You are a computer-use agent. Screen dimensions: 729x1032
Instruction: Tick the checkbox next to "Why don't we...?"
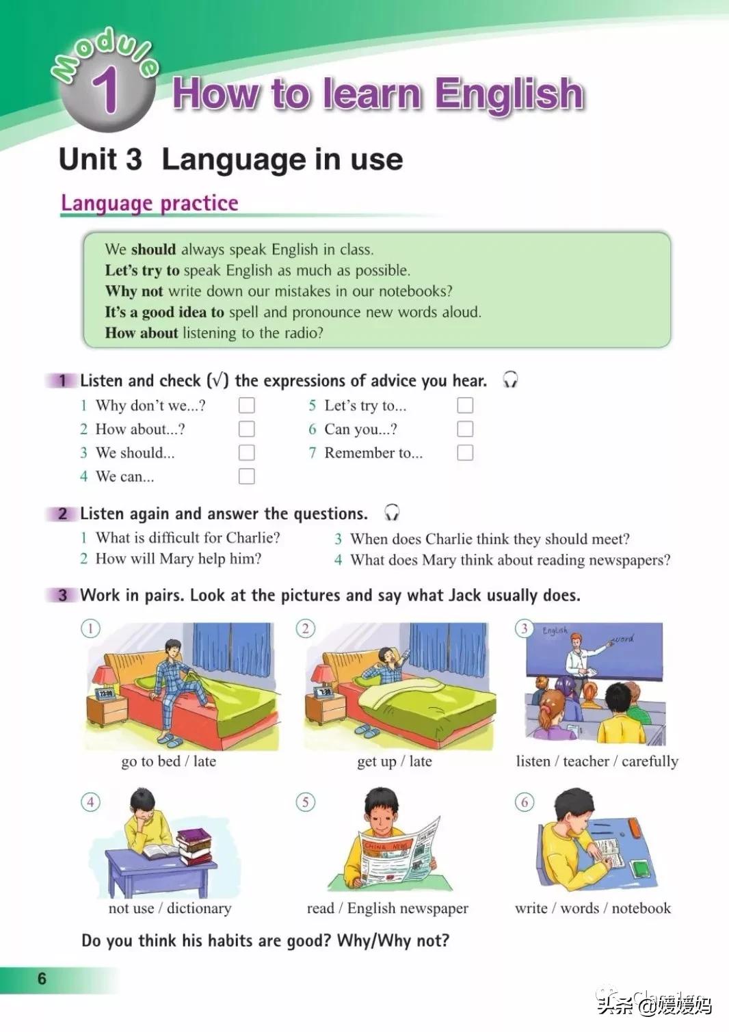(x=246, y=406)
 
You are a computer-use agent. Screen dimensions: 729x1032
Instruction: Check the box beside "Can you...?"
(x=465, y=429)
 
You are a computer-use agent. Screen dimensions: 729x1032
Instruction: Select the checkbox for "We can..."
(x=246, y=476)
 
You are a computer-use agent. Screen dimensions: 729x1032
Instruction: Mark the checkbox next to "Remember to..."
(x=465, y=453)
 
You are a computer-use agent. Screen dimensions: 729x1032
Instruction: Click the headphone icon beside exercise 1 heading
(x=510, y=380)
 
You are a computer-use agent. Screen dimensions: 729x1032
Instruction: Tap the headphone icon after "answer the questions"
(x=392, y=512)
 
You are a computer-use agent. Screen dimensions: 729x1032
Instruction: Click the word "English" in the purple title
(x=509, y=94)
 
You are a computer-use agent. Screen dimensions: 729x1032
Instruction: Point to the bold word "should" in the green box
(x=153, y=249)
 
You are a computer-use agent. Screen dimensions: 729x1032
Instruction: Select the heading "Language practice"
(x=150, y=203)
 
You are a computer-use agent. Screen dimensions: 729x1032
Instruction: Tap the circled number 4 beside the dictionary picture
(x=90, y=802)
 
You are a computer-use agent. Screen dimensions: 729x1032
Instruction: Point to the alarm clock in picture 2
(x=324, y=692)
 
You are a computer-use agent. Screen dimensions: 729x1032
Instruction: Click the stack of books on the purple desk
(x=194, y=847)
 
